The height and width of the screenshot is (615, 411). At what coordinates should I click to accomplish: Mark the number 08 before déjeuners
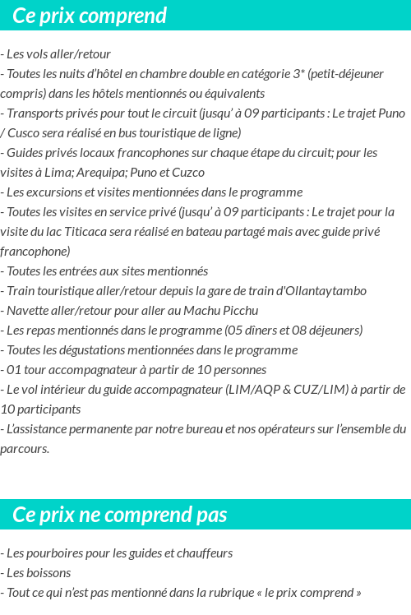pyautogui.click(x=305, y=331)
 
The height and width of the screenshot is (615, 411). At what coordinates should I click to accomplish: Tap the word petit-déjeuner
pyautogui.click(x=346, y=74)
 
